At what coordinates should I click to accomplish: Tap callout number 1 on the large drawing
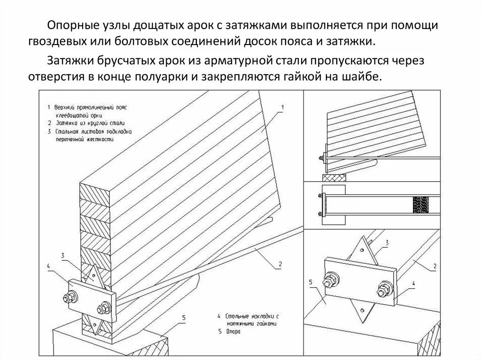tap(282, 107)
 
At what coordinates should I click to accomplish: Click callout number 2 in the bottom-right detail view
tap(435, 266)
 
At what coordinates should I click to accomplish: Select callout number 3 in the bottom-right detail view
tap(386, 242)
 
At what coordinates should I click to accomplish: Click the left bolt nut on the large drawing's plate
tap(72, 297)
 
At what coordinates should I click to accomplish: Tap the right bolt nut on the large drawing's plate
tap(101, 309)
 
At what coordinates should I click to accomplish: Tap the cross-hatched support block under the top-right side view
tap(334, 178)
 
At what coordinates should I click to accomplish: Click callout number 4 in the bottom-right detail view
tap(413, 283)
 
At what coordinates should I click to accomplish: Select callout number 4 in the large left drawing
tap(48, 266)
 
